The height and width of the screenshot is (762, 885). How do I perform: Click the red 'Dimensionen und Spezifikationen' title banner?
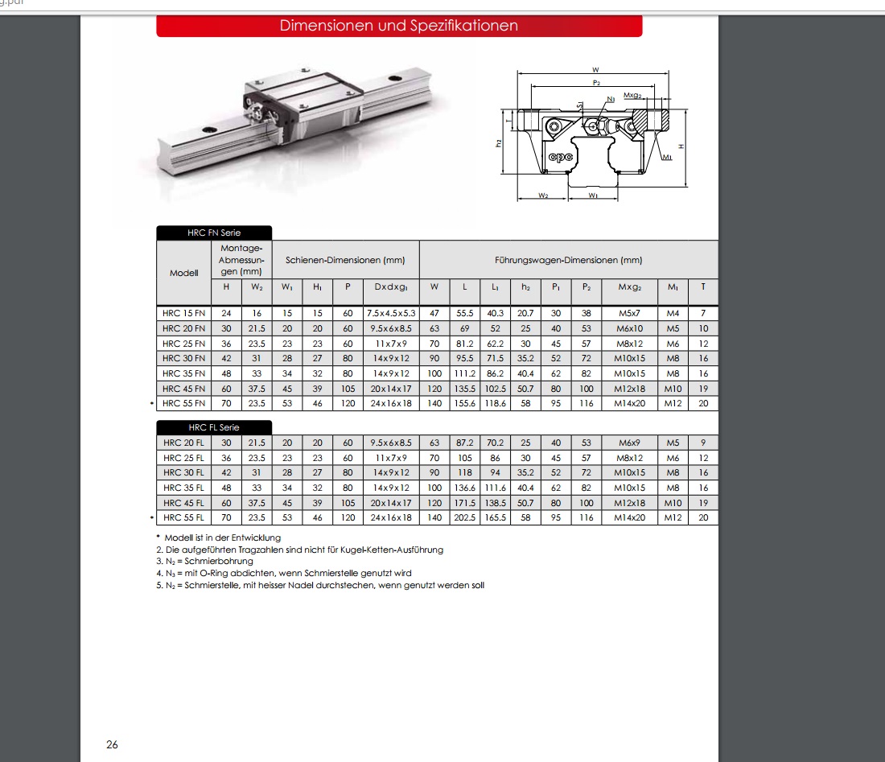point(399,26)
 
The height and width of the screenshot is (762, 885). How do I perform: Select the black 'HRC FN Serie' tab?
point(214,233)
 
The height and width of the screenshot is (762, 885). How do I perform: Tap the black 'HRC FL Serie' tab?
point(214,427)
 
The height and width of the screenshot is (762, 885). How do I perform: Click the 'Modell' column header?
point(183,273)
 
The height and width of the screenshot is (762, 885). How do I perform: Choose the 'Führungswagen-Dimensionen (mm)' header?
point(568,260)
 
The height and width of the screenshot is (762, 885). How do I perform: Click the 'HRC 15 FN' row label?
point(183,312)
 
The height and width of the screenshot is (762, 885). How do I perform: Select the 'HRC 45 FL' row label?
point(183,503)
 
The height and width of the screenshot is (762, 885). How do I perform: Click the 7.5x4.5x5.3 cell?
point(390,312)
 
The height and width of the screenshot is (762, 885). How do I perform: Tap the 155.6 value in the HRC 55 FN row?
point(465,404)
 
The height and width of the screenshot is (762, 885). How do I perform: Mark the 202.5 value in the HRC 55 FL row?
point(465,518)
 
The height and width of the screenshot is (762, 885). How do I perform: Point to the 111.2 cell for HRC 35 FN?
point(465,373)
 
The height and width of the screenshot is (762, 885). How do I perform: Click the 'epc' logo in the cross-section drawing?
point(560,157)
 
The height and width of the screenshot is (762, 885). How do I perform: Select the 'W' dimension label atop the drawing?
point(596,71)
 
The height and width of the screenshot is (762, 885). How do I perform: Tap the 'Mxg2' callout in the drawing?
point(632,95)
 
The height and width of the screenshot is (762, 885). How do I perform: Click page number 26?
point(112,744)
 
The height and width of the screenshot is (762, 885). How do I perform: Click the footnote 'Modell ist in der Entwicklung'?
point(222,537)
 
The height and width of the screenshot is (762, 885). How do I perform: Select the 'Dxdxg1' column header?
point(390,286)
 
